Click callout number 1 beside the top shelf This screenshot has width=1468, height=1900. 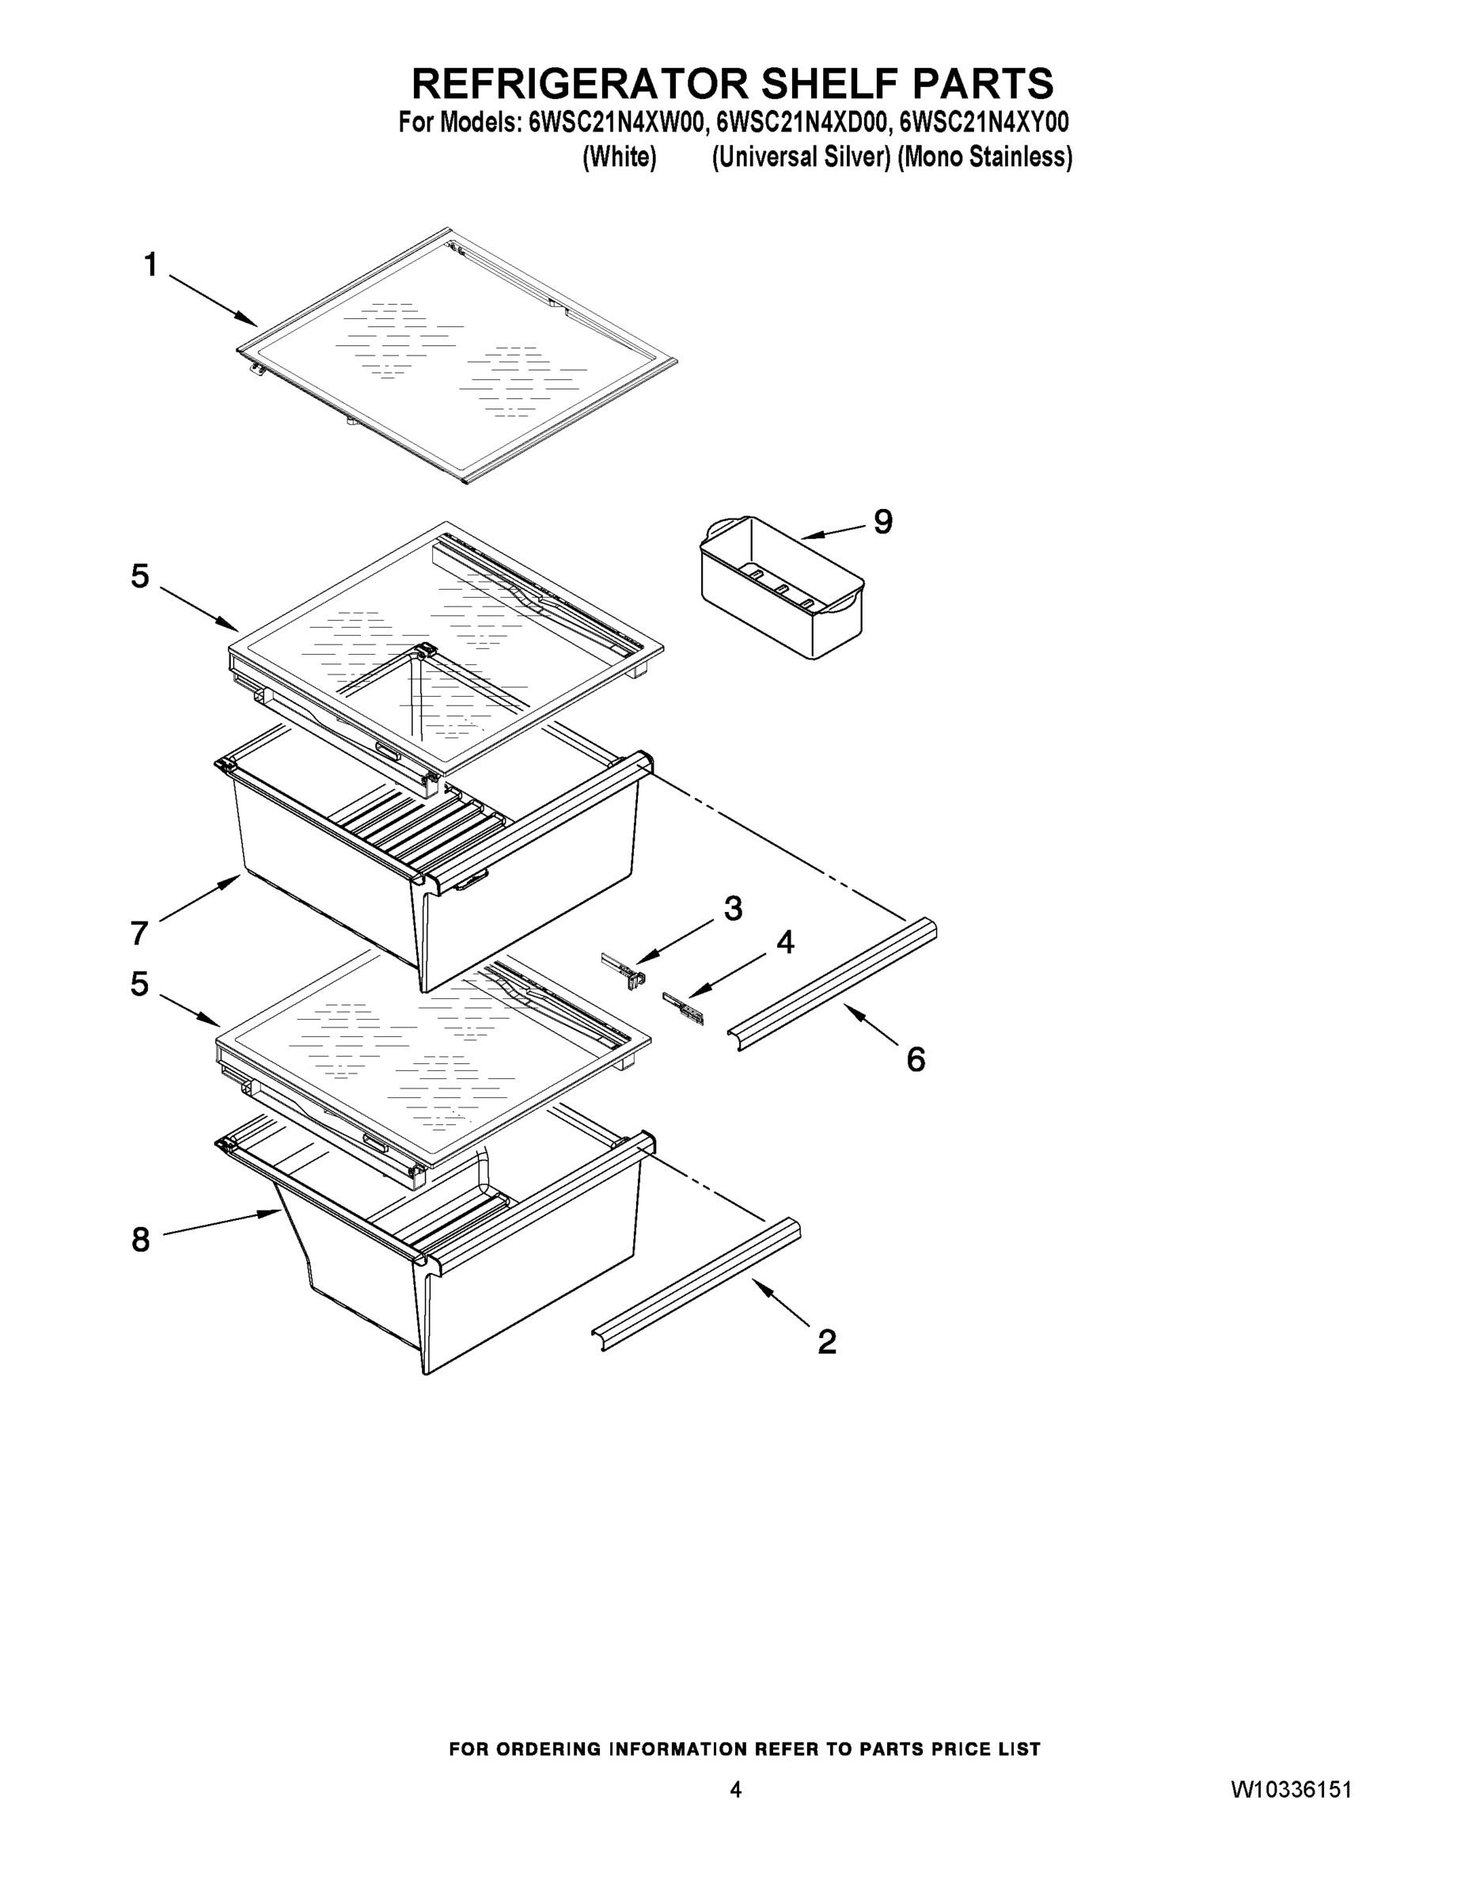(x=150, y=264)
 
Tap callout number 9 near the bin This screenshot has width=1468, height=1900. (x=882, y=521)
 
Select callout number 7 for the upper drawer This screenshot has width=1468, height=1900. (x=140, y=933)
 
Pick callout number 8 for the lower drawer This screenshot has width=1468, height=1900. (x=140, y=1239)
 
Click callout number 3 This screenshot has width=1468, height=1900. (x=732, y=908)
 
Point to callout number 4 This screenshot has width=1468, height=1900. (x=784, y=941)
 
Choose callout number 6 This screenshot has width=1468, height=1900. (x=915, y=1058)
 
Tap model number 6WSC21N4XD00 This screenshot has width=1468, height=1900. (x=801, y=123)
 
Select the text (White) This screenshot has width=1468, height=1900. (x=618, y=158)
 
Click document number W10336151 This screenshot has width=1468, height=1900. (x=1291, y=1788)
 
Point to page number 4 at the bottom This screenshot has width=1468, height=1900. (x=735, y=1788)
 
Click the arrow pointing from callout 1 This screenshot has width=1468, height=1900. (x=213, y=301)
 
